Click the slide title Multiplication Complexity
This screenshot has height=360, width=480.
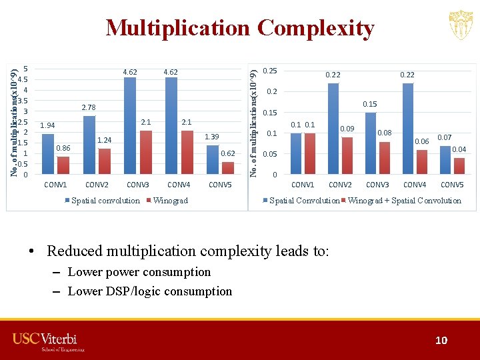(x=240, y=28)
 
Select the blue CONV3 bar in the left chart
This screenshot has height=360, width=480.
(x=130, y=127)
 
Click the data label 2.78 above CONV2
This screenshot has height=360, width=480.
(x=89, y=107)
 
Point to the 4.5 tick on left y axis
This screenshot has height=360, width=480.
(x=23, y=79)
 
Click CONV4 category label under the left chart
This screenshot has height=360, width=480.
(x=179, y=185)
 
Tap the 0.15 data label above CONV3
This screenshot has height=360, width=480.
(x=370, y=104)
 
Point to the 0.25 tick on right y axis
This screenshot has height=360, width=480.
(x=271, y=71)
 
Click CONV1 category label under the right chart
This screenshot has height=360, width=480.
(x=303, y=185)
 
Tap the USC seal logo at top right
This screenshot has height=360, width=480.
(x=461, y=26)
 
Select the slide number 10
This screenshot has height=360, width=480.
(x=441, y=341)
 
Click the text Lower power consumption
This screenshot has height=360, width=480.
(x=139, y=272)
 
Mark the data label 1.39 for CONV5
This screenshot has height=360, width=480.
(x=212, y=137)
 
